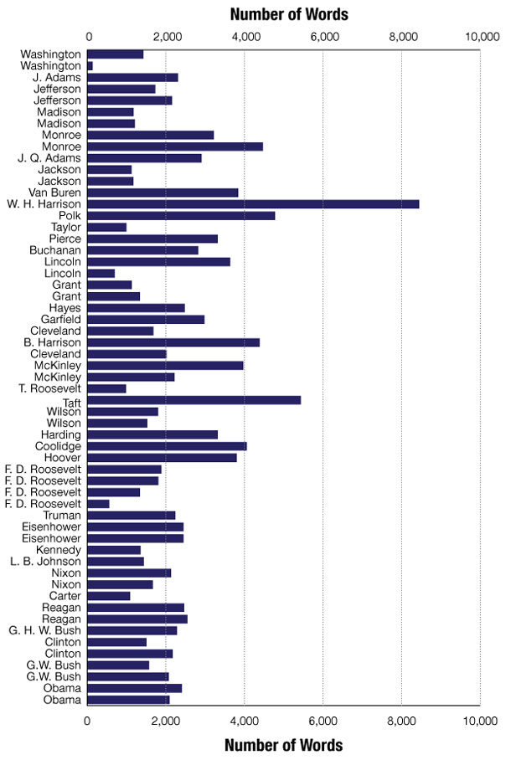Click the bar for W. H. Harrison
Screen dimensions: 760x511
click(x=253, y=203)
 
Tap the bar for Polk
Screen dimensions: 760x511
click(x=181, y=215)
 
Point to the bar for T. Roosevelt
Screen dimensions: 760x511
click(x=106, y=388)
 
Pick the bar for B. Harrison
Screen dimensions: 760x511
click(x=173, y=342)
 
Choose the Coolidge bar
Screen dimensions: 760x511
click(x=167, y=446)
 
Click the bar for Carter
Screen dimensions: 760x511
click(x=109, y=596)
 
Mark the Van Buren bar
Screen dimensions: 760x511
click(x=163, y=193)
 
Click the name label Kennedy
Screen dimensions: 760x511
click(x=60, y=550)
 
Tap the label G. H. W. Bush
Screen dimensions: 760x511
click(x=46, y=630)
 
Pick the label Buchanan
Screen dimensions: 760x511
click(x=55, y=250)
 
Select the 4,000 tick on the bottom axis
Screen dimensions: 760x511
click(x=245, y=720)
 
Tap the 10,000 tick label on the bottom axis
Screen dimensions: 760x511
click(x=479, y=720)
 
